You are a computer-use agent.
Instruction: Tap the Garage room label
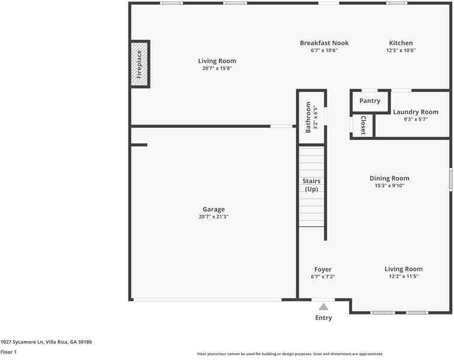214,209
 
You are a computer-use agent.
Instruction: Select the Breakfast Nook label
324,43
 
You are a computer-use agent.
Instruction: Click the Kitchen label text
401,43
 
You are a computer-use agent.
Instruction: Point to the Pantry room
369,101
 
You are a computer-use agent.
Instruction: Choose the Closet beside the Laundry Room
363,125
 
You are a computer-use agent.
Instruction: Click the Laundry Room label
415,112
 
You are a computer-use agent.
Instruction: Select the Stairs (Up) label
311,185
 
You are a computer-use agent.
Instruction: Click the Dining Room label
389,178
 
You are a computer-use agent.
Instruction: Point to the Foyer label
323,269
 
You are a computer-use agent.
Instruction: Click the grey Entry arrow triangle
323,307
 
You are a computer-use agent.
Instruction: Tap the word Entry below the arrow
323,318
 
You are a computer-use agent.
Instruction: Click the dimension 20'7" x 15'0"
217,68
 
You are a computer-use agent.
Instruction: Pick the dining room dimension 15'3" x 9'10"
389,186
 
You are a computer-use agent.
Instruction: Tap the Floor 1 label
8,352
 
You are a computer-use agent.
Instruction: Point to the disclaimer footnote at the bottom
290,354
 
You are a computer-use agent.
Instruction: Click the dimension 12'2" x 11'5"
403,277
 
